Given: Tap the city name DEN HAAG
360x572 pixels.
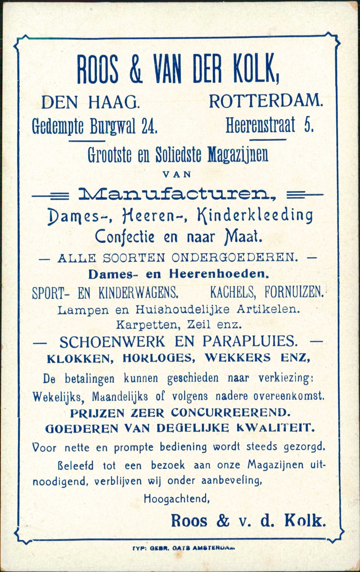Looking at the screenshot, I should pyautogui.click(x=90, y=103).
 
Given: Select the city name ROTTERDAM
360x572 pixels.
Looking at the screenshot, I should pyautogui.click(x=265, y=102).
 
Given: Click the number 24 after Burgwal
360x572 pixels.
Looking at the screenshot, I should pyautogui.click(x=148, y=127).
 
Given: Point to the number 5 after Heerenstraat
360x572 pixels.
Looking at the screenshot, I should pyautogui.click(x=309, y=125).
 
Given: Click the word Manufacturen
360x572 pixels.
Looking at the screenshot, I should pyautogui.click(x=177, y=195).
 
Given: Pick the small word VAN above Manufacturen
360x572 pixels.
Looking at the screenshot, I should pyautogui.click(x=177, y=173).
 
